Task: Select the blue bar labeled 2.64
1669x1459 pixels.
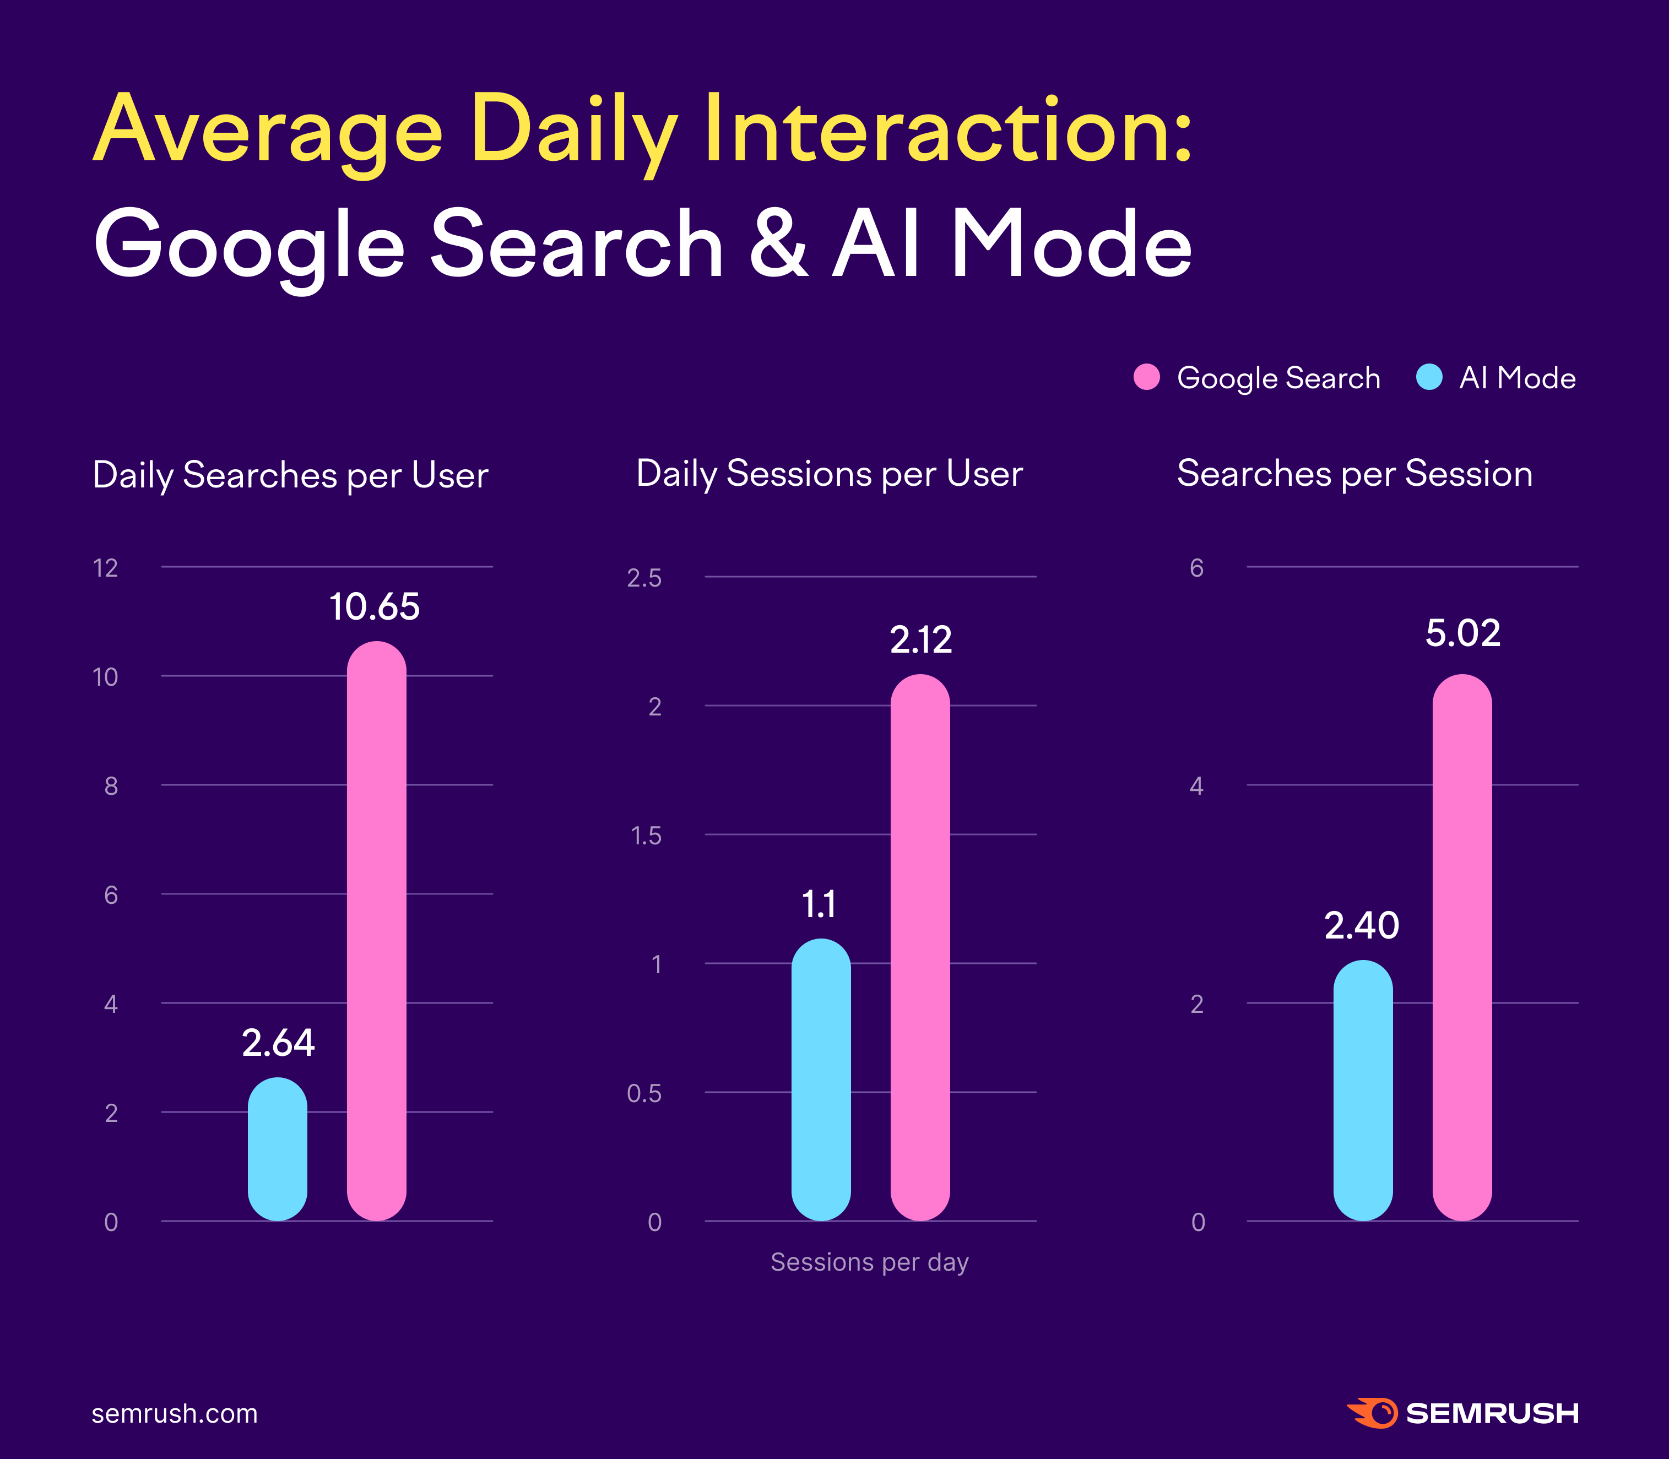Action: click(278, 1149)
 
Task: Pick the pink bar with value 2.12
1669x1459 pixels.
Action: click(920, 948)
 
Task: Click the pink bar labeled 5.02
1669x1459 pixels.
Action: click(1462, 948)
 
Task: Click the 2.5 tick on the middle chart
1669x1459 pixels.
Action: click(644, 578)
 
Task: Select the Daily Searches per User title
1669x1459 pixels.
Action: click(290, 475)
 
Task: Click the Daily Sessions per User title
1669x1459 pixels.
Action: click(829, 474)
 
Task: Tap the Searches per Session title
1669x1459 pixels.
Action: click(1354, 474)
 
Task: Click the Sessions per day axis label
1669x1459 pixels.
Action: click(870, 1262)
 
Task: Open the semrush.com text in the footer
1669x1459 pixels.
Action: click(174, 1413)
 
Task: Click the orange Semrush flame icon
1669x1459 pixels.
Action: click(1373, 1413)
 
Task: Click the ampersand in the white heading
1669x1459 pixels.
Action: click(778, 244)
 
